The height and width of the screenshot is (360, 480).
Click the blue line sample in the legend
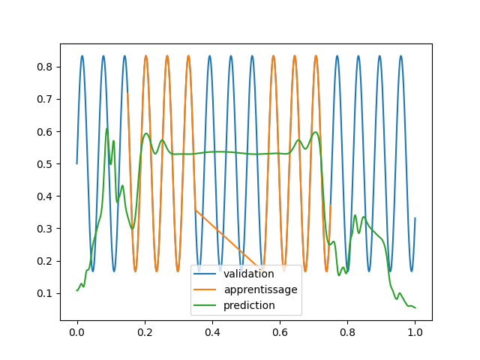pyautogui.click(x=205, y=274)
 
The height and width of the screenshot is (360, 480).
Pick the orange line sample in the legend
pyautogui.click(x=205, y=289)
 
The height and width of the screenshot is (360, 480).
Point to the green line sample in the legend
pyautogui.click(x=205, y=305)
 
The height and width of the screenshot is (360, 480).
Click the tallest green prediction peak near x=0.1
pyautogui.click(x=107, y=128)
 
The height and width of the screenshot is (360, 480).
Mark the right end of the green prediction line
pyautogui.click(x=415, y=307)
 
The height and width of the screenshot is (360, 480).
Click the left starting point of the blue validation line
pyautogui.click(x=76, y=163)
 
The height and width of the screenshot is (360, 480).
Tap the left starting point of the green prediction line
pyautogui.click(x=76, y=290)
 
